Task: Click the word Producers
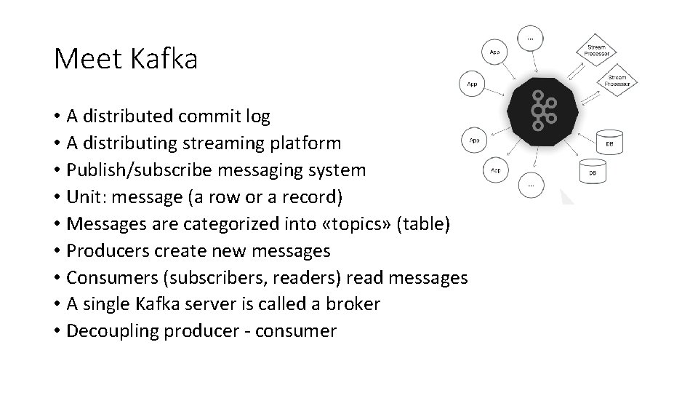[99, 251]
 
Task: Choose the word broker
[353, 304]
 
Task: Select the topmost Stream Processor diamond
[597, 49]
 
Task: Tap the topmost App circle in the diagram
[494, 52]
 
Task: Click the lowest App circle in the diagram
[495, 171]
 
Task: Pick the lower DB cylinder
[592, 172]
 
